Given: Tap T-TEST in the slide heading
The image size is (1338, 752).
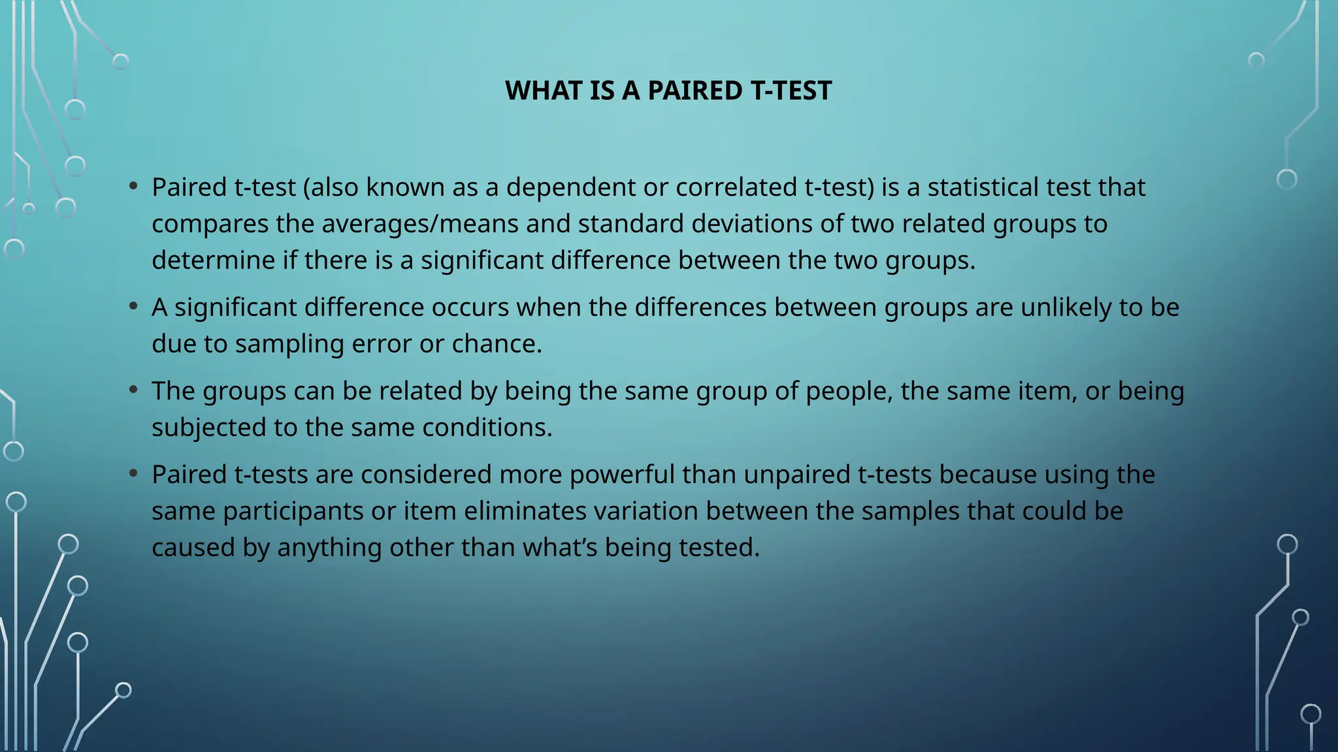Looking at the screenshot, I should point(791,91).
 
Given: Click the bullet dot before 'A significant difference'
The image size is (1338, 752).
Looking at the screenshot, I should point(134,305).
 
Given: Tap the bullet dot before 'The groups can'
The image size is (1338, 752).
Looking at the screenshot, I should point(134,389).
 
